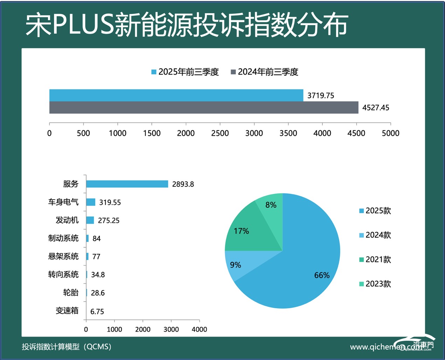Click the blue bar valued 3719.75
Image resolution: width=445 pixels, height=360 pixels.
pos(176,95)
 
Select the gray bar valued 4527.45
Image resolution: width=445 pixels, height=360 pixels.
pos(204,108)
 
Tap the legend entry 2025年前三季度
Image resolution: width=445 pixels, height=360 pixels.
pos(185,72)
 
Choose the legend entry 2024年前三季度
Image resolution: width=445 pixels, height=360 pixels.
pos(265,72)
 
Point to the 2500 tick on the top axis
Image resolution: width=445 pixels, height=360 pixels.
pos(220,133)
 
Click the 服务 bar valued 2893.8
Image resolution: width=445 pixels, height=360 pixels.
pos(127,184)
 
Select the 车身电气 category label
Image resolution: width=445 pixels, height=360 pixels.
pos(63,202)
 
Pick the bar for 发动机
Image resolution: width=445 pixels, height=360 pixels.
pos(90,220)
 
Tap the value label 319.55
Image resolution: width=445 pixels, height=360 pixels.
pos(110,202)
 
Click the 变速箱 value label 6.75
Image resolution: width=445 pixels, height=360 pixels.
pos(97,311)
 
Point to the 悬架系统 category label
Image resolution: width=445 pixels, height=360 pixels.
pos(63,256)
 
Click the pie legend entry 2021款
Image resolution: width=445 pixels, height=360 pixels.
pos(375,259)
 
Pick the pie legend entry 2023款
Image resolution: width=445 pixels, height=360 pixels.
pos(375,284)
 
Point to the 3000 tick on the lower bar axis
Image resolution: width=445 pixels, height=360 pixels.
pos(171,329)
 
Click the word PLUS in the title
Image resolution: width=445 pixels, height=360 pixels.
pos(84,25)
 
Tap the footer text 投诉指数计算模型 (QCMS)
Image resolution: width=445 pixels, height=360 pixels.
pos(67,347)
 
